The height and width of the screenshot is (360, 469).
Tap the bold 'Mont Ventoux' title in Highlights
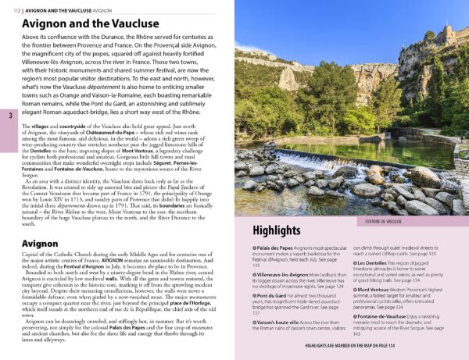tap(378, 290)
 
